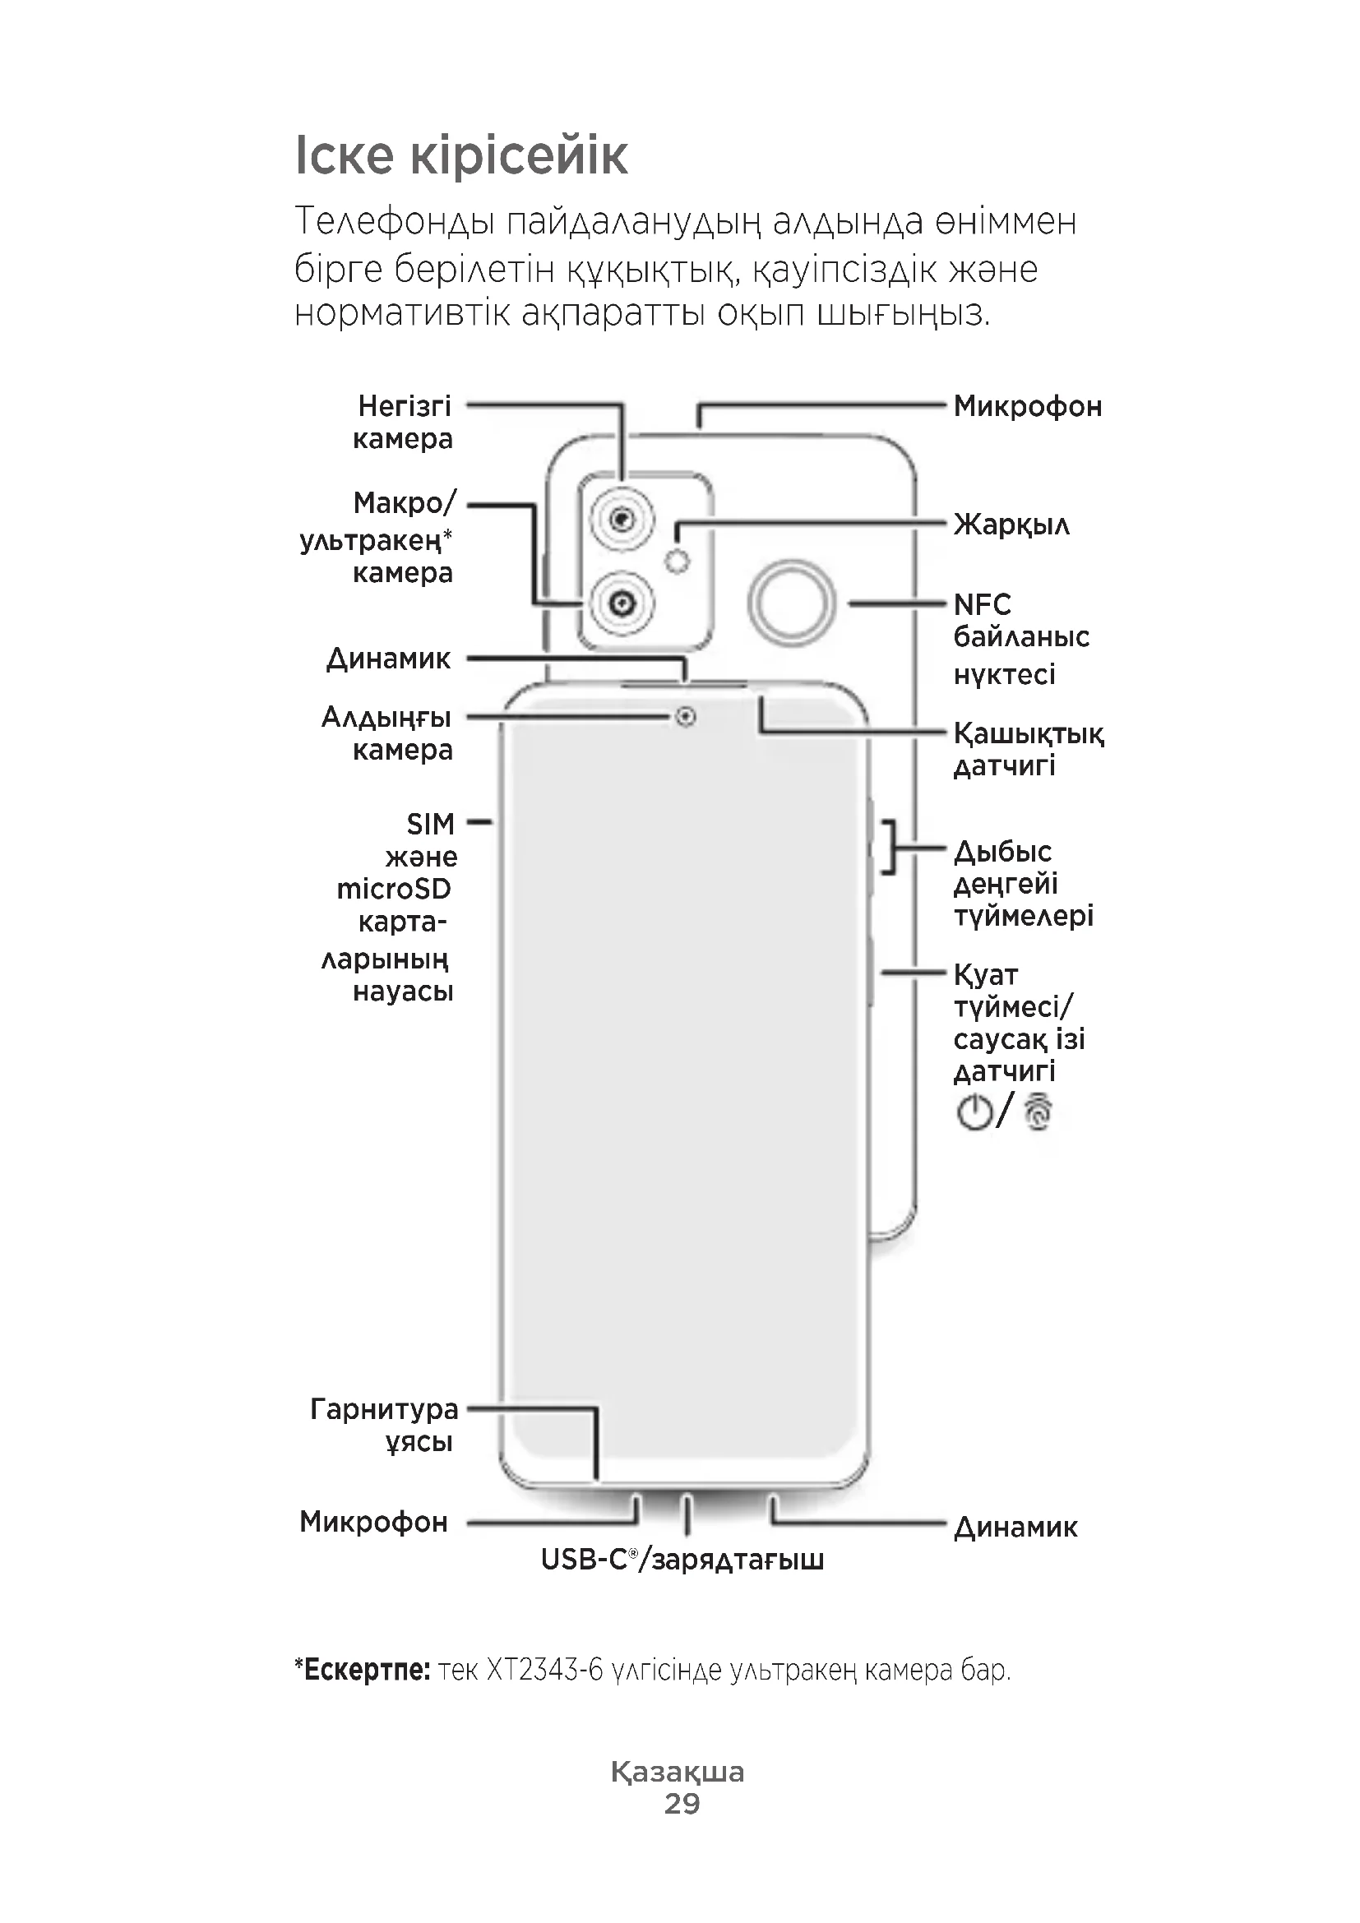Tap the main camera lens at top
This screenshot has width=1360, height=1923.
(621, 520)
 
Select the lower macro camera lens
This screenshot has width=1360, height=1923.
(621, 602)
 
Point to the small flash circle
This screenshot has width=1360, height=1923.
(678, 562)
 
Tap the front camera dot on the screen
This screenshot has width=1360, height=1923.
(686, 717)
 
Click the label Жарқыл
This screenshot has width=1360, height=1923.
(1011, 525)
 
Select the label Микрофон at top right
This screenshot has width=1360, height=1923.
(1028, 406)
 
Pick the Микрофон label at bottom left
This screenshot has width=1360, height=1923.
(373, 1522)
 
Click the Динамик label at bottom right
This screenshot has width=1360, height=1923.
(1015, 1528)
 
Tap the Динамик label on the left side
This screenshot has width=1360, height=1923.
(389, 659)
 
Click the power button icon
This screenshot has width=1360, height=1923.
(974, 1112)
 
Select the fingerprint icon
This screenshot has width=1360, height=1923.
(1039, 1112)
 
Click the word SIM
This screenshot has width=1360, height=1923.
(430, 824)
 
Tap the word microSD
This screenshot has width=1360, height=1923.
(394, 889)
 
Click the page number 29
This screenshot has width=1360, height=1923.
(682, 1803)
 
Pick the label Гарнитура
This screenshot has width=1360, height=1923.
(384, 1410)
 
